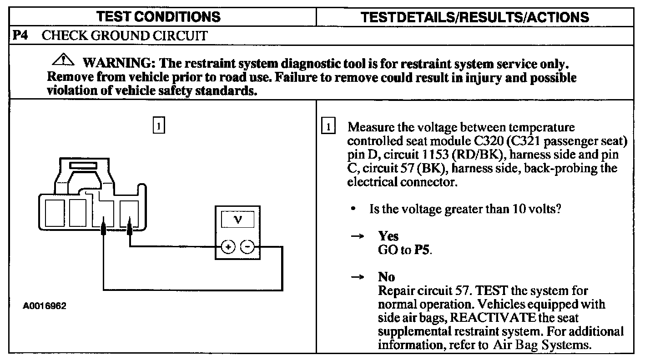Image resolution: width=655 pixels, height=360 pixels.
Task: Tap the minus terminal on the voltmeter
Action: click(247, 247)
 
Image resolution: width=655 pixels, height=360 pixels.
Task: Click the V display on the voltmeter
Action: click(237, 220)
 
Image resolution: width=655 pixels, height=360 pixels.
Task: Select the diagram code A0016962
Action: click(45, 306)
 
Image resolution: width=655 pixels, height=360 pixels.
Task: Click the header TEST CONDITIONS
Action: click(158, 17)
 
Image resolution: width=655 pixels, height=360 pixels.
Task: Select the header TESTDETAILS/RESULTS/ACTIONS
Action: click(474, 17)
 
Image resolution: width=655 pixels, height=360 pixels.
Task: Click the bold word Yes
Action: click(388, 236)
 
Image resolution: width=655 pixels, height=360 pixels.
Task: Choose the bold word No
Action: click(386, 277)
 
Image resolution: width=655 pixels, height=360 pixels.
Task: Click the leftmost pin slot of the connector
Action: click(55, 212)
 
